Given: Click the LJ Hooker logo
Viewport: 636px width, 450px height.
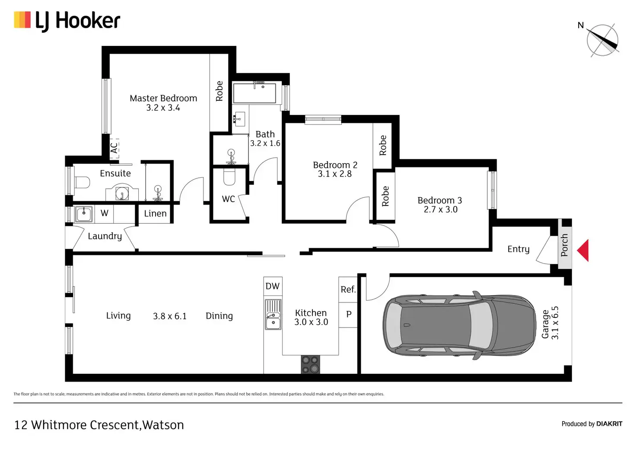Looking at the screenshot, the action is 67,21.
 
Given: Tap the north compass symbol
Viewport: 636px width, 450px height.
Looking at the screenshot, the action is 602,40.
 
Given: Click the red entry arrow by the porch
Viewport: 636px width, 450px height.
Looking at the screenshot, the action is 583,251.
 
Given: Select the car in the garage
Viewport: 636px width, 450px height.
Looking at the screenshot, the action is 459,325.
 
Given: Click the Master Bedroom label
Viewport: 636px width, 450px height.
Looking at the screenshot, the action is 163,98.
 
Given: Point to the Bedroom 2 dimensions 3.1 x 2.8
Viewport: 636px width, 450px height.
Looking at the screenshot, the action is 335,174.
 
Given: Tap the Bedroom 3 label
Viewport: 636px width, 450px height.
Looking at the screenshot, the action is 439,200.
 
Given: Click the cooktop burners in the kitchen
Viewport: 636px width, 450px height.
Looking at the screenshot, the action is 310,364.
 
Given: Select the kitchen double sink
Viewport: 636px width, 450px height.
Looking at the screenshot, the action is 273,315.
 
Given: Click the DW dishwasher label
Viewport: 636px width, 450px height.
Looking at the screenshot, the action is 273,286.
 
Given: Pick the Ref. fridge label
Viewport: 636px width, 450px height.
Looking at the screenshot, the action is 348,289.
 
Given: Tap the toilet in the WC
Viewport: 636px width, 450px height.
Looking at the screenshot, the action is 229,177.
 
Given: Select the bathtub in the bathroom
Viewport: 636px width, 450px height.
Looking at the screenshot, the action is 254,93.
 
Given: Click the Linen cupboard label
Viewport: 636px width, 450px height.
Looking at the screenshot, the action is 155,213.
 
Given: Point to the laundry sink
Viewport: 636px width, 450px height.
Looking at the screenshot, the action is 84,214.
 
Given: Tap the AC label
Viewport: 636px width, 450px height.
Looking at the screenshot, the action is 114,148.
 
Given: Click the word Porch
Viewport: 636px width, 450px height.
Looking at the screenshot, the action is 564,245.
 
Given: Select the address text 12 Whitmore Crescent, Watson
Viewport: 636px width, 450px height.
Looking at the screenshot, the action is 99,425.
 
